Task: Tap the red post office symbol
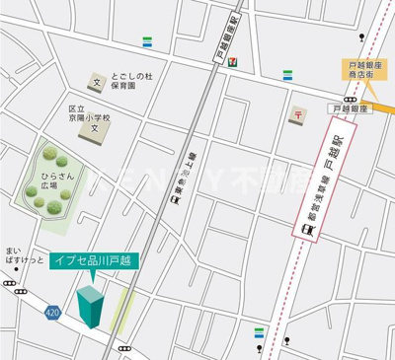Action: coord(296,116)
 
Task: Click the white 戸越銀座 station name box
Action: coord(350,108)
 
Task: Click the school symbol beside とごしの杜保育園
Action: coord(97,83)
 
